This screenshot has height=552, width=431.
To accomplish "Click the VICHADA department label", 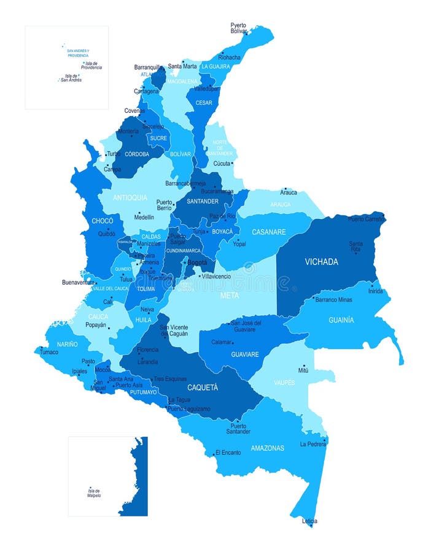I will (321, 262).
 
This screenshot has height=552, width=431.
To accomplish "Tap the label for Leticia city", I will (310, 521).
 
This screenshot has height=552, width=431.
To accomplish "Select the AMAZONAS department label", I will (267, 448).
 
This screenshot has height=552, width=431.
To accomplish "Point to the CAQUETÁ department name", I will (203, 388).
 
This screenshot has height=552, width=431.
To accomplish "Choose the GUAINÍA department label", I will (341, 320).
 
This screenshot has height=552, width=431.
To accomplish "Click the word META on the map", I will (230, 296).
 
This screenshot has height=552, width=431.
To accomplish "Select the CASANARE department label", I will (268, 232).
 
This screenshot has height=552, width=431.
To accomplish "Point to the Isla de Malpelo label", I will (94, 493).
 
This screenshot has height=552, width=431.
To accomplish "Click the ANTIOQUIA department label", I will (131, 197).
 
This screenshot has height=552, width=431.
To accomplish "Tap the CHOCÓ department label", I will (102, 220).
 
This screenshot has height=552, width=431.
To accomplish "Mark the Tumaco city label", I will (49, 352).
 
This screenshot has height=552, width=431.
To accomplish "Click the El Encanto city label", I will (228, 453).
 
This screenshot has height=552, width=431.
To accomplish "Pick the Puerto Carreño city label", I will (365, 219).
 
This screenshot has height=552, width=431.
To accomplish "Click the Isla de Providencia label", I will (91, 66).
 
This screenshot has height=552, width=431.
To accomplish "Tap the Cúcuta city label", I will (222, 163).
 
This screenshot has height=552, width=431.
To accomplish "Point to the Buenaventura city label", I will (78, 282).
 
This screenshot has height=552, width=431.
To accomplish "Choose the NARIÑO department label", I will (68, 344).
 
